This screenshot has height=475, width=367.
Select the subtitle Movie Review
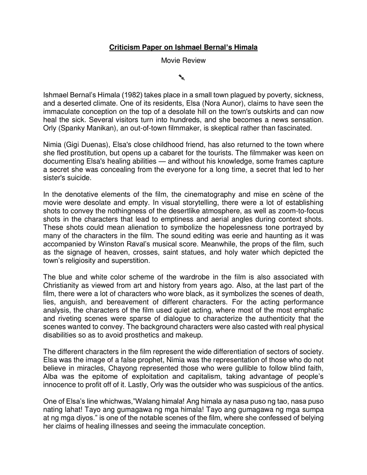183,61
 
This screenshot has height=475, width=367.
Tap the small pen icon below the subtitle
182,77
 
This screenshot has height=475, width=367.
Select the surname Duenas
95,145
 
